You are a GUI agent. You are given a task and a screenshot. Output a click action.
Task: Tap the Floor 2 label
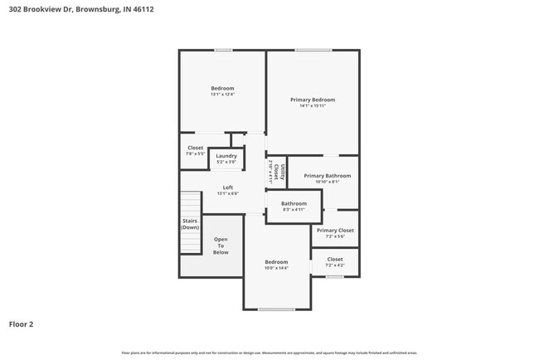(x=22, y=324)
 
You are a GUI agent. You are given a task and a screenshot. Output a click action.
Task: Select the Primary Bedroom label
(x=313, y=100)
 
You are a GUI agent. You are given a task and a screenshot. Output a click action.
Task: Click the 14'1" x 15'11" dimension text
(x=313, y=105)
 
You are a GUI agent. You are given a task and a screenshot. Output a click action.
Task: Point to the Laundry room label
(x=226, y=155)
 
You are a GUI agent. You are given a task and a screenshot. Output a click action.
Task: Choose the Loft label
(x=227, y=187)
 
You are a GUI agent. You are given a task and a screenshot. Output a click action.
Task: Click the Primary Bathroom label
(x=327, y=175)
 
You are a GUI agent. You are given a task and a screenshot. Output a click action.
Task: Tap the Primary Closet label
(x=335, y=230)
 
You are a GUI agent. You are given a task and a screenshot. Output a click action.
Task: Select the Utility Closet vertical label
(x=282, y=173)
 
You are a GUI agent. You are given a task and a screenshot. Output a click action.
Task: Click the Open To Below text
(x=221, y=246)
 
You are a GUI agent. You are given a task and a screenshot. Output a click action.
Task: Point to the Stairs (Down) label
(x=190, y=224)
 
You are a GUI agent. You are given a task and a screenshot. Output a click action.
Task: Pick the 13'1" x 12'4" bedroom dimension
(x=222, y=95)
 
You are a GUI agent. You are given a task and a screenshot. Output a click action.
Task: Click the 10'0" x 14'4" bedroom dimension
(x=276, y=268)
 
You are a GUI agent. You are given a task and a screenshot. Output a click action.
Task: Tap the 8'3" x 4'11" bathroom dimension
(x=294, y=209)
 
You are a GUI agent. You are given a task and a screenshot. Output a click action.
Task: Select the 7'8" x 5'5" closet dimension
(x=195, y=153)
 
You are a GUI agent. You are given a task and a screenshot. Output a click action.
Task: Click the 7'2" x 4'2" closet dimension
(x=335, y=265)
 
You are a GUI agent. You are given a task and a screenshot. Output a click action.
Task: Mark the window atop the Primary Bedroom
(x=313, y=51)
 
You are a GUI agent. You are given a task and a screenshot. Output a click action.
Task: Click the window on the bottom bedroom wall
(x=275, y=309)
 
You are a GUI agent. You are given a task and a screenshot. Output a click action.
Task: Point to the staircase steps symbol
(x=192, y=203)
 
